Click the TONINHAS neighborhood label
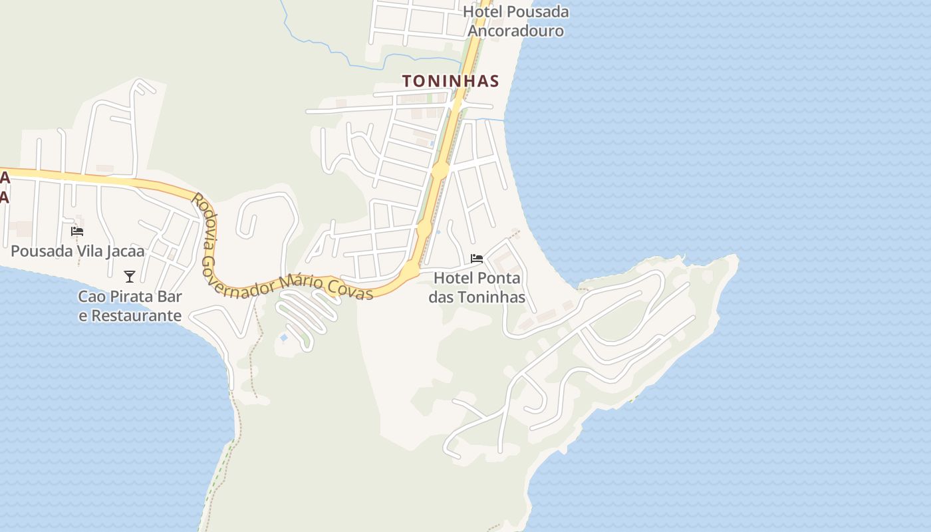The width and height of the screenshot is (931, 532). pos(450,81)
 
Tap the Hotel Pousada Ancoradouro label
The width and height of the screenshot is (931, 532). pos(516,21)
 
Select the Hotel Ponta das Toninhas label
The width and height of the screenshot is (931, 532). pos(477,287)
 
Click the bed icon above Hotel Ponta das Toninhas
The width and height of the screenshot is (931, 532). pos(476,259)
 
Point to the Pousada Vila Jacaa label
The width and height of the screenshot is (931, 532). pos(77,251)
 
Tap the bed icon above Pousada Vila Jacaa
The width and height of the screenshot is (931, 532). pos(77,231)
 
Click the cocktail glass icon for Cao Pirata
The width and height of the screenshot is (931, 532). pos(130,277)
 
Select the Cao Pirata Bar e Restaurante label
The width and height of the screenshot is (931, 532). pos(130,306)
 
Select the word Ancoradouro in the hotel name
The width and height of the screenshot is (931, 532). pos(516,31)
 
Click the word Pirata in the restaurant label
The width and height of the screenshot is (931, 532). pos(134,297)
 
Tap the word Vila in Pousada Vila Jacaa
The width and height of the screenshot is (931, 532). pos(87,251)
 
